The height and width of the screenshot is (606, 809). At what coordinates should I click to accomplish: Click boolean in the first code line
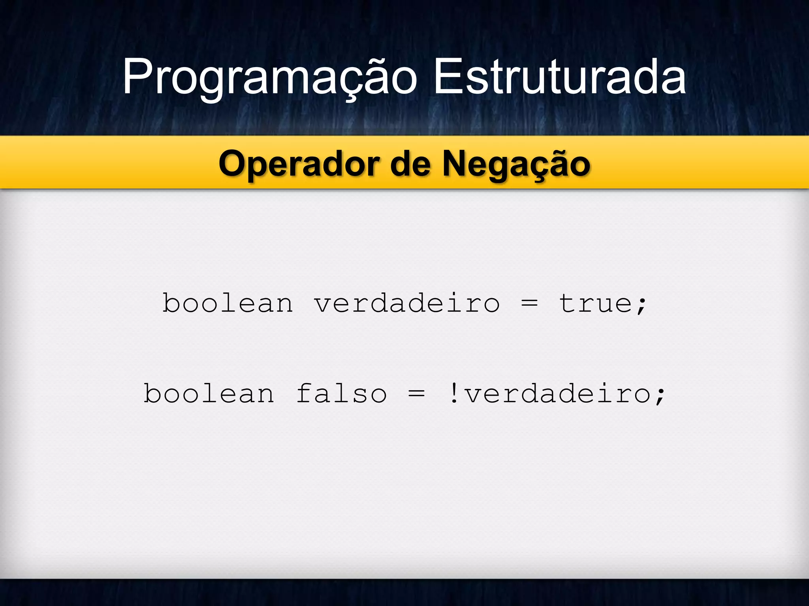point(228,303)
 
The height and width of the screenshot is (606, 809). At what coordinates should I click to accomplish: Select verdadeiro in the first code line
point(407,303)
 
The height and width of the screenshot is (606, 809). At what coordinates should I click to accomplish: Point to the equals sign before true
point(529,303)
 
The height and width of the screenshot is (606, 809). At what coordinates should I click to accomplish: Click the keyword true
point(596,303)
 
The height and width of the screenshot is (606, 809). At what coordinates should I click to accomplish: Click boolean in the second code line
point(209,393)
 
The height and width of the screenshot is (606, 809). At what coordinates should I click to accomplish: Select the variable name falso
point(342,393)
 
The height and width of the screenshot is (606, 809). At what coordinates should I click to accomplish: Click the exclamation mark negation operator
point(454,393)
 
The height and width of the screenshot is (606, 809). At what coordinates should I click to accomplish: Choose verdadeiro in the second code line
point(557,393)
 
